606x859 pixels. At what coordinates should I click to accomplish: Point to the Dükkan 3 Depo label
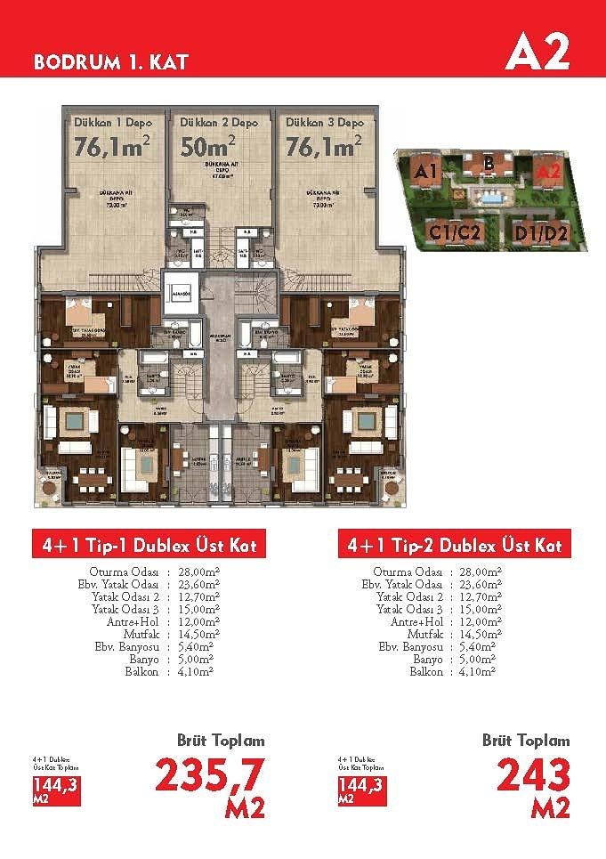pyautogui.click(x=324, y=122)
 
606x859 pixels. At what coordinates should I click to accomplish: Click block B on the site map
pyautogui.click(x=489, y=163)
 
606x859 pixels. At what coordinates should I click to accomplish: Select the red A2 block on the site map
pyautogui.click(x=547, y=169)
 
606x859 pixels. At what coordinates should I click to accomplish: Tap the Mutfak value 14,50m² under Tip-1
pyautogui.click(x=189, y=635)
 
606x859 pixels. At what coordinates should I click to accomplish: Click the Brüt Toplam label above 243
pyautogui.click(x=526, y=741)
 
